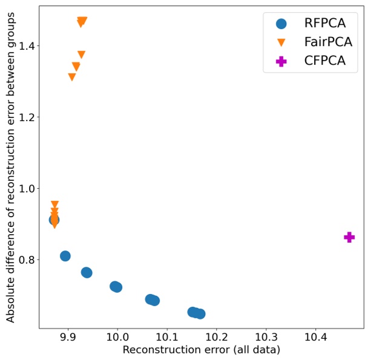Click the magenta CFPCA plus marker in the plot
(x=349, y=237)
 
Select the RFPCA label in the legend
(x=325, y=24)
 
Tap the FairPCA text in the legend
(x=327, y=42)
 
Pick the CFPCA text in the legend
(x=325, y=61)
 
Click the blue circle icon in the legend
(x=281, y=24)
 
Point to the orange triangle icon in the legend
(x=281, y=42)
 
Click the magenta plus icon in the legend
(x=281, y=61)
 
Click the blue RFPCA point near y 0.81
(x=65, y=256)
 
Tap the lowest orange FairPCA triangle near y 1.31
(x=72, y=77)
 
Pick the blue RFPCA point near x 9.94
(x=87, y=272)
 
